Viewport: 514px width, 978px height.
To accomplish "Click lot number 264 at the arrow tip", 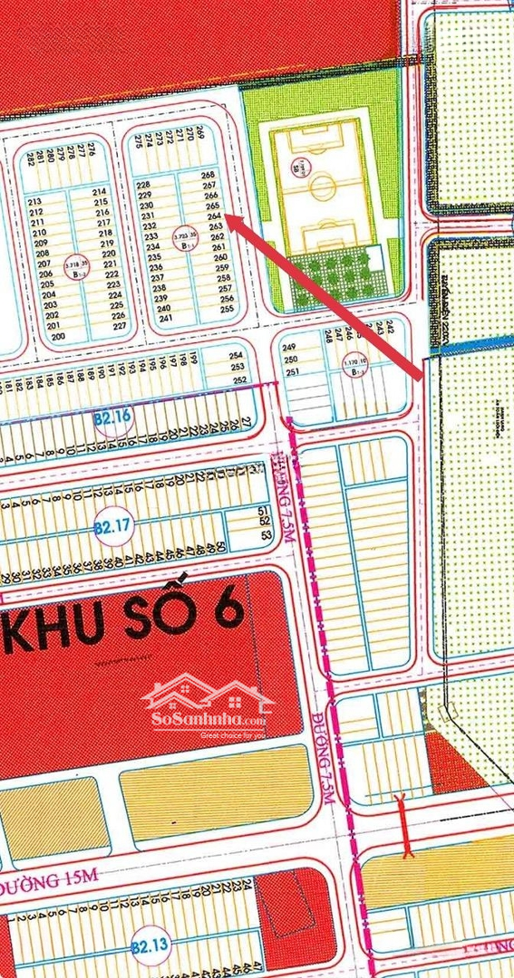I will pos(215,216).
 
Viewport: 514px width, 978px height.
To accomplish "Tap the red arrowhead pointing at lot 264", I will pos(230,219).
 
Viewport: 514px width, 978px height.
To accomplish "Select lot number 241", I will pos(165,319).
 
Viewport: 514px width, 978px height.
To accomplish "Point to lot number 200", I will pos(60,336).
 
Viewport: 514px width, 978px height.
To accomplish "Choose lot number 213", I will pos(36,202).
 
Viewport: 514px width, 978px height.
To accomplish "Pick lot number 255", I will pos(227,309).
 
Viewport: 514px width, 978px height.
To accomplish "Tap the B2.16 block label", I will pos(113,417).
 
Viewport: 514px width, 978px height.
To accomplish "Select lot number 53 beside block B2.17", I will pos(266,535).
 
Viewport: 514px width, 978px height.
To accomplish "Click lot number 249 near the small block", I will pos(290,348).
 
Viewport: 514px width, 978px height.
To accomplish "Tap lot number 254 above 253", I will pos(238,356).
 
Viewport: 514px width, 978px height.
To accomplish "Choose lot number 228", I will pos(143,185).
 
